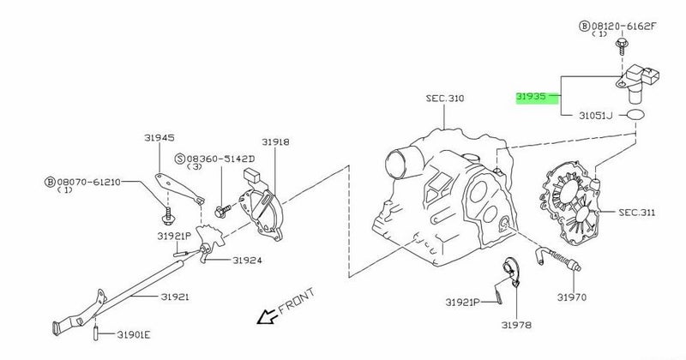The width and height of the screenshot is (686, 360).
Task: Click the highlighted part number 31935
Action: [531, 96]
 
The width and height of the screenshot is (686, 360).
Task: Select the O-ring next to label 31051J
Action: [635, 115]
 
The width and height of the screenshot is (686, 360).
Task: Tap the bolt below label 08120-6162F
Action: [621, 45]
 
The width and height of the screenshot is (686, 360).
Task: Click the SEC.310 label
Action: [445, 99]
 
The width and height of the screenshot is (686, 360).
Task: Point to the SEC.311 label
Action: [637, 213]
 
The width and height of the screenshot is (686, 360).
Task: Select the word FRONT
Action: [297, 301]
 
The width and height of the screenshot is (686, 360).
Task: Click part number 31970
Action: [571, 297]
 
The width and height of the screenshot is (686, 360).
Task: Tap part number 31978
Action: [516, 325]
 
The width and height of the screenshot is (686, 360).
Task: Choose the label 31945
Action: [159, 138]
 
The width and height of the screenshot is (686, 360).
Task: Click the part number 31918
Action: [275, 142]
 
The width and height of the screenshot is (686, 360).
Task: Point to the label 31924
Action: [247, 261]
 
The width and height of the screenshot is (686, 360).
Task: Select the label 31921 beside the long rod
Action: [175, 297]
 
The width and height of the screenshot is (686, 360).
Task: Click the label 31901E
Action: [134, 335]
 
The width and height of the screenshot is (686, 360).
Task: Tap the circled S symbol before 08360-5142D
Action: [180, 159]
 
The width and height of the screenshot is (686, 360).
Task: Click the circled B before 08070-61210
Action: [51, 182]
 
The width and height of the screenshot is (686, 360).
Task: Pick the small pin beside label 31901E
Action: [95, 333]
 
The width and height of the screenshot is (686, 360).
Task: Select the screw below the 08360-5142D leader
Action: [222, 212]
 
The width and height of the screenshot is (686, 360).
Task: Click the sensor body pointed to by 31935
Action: [637, 81]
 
